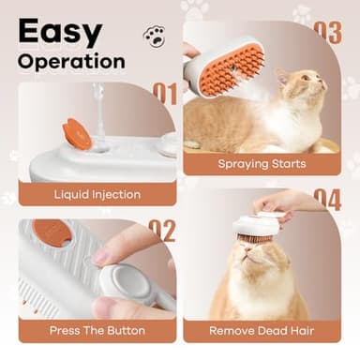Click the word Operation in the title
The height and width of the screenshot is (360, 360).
(x=71, y=62)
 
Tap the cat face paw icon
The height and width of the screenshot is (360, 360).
(x=153, y=36)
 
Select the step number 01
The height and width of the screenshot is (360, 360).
(x=163, y=94)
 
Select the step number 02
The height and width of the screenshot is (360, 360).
(x=162, y=230)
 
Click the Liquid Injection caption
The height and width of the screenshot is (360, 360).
(x=97, y=195)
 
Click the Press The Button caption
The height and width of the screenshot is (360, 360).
(x=98, y=330)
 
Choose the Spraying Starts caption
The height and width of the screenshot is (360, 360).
(x=262, y=164)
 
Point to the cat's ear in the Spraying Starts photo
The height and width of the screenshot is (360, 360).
(x=281, y=74)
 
